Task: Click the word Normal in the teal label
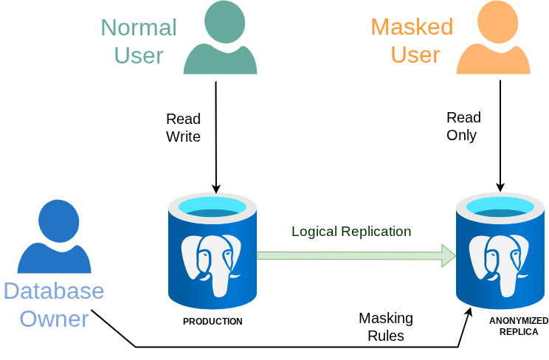139,27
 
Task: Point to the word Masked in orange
412,27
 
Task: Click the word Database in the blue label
54,291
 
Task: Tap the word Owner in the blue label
54,319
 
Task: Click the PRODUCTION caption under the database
213,321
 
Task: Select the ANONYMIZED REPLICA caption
519,326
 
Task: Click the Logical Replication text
351,231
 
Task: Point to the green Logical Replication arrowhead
449,256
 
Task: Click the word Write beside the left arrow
183,136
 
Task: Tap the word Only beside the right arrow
461,135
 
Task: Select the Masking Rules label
386,327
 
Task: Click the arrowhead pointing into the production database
216,188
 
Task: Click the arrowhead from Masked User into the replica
500,187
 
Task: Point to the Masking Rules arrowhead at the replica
469,312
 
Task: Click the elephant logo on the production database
211,265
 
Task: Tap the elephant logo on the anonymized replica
499,265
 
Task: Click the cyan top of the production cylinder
213,207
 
